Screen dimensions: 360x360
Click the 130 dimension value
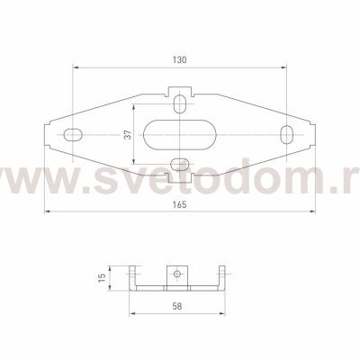pos(179,60)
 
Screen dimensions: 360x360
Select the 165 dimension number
pos(179,205)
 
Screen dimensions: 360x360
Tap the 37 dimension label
pos(128,135)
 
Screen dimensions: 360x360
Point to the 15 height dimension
pos(103,277)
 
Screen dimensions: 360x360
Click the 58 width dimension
pos(177,306)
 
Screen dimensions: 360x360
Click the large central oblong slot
pos(179,135)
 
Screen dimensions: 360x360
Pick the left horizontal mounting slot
pos(74,135)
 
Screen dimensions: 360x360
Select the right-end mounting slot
pos(287,135)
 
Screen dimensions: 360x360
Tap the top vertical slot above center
pos(180,104)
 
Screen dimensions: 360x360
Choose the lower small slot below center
pos(179,164)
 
